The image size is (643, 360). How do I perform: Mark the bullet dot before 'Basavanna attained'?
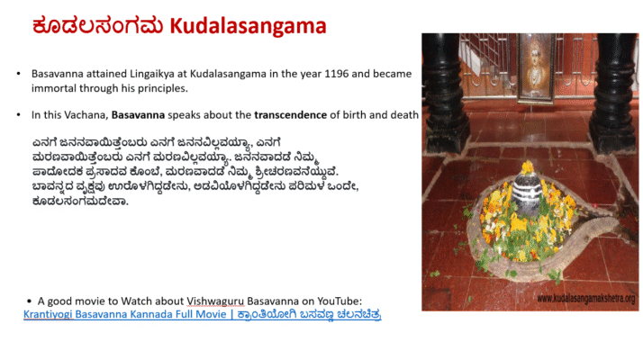point(19,72)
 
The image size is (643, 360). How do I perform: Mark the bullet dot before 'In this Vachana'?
point(19,115)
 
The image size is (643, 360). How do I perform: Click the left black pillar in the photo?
point(447,90)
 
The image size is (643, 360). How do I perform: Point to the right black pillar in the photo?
point(615,90)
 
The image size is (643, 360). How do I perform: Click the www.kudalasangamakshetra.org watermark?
point(585,299)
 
